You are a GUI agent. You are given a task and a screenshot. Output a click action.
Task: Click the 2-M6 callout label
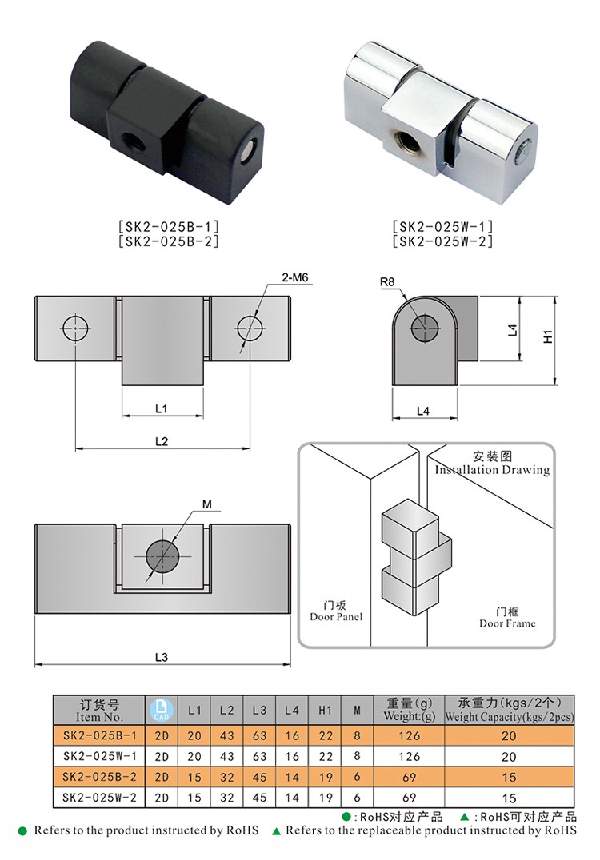tap(295, 279)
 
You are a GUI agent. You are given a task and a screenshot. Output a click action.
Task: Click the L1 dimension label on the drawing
tap(161, 408)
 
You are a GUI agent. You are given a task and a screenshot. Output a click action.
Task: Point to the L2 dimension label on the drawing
tap(161, 441)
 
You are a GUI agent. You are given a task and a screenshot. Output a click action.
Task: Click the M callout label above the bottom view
tap(206, 504)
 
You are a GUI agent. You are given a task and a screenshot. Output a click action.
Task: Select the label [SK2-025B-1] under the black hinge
tap(168, 226)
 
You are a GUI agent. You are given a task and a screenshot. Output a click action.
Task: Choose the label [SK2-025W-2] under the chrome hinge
tap(442, 241)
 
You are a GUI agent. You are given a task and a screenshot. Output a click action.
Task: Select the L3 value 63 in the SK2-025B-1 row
tap(259, 735)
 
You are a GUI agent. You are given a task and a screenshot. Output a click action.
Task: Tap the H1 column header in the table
tap(325, 709)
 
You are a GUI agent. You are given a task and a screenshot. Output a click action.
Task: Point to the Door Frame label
tap(507, 623)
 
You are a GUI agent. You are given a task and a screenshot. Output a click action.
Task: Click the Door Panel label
tap(336, 616)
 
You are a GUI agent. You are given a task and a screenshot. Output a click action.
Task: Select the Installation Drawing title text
tap(492, 470)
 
